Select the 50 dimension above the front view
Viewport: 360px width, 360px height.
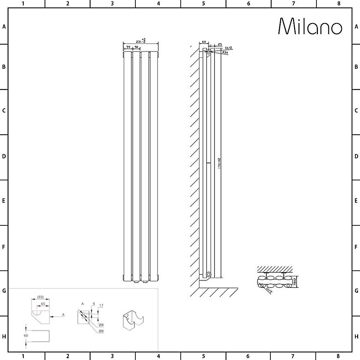point(137,47)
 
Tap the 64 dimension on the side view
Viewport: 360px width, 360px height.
point(203,42)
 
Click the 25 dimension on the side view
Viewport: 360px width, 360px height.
point(220,44)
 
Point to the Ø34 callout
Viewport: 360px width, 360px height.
point(225,53)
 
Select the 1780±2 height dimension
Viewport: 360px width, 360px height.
point(219,164)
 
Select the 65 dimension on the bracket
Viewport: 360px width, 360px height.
point(43,304)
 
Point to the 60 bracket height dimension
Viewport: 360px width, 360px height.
point(26,335)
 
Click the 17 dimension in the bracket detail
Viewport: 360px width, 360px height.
point(101,306)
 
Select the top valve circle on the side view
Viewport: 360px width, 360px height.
point(209,51)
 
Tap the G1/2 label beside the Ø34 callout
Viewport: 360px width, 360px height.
point(228,48)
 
